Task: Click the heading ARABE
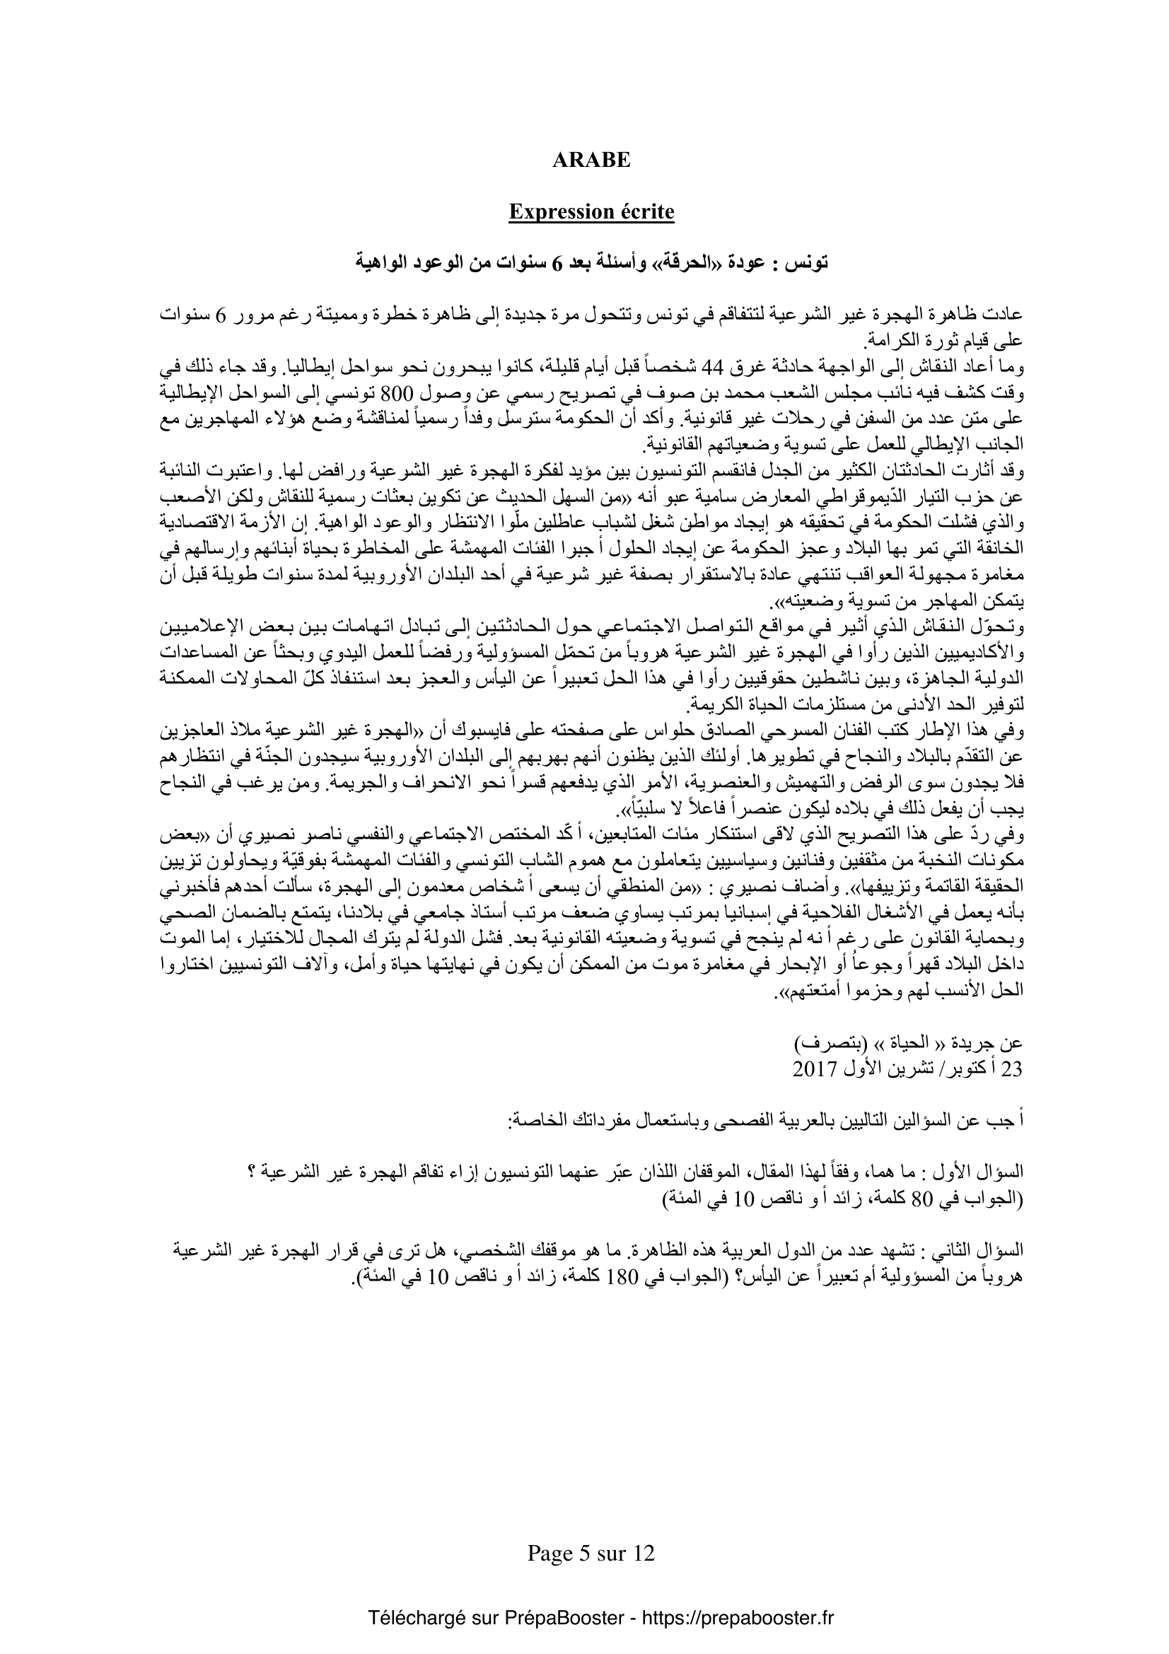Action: point(591,160)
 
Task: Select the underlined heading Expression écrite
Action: point(591,212)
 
